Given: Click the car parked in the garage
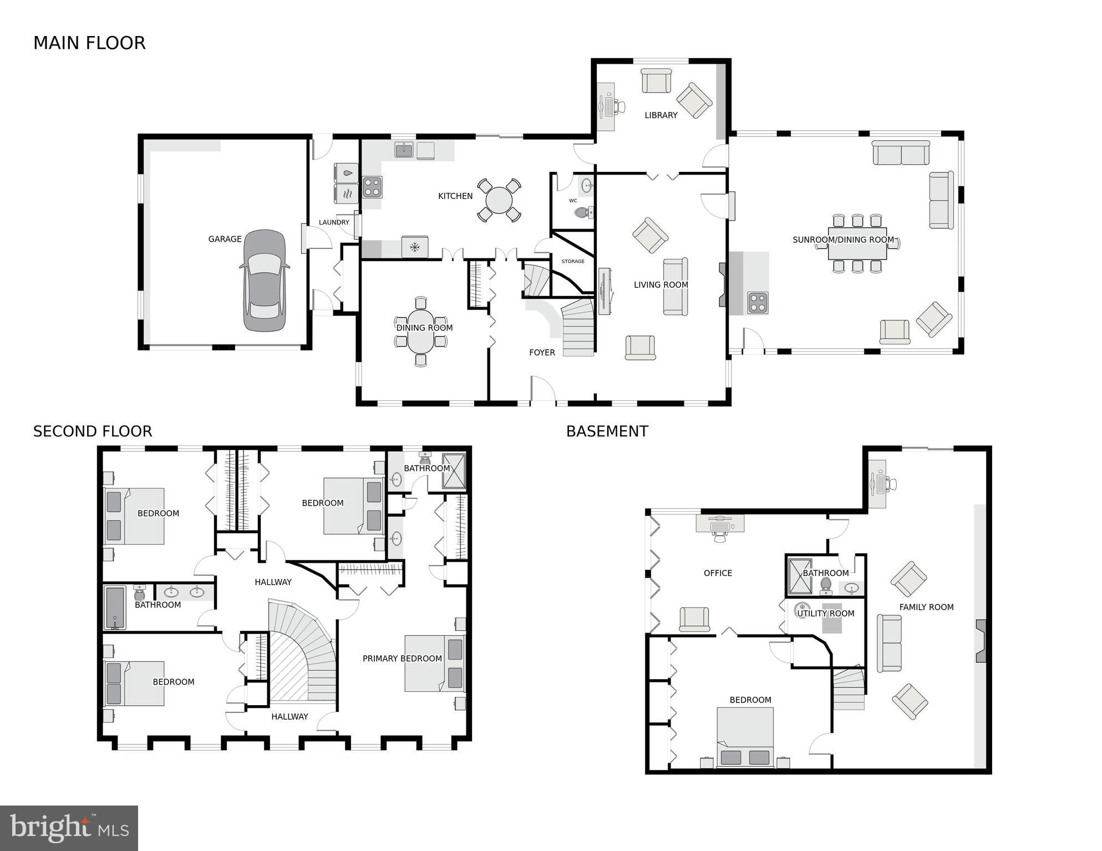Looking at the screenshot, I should (265, 281).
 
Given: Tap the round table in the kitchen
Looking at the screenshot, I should (499, 200).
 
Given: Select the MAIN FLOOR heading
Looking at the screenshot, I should (89, 43).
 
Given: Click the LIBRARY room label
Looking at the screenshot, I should (661, 115).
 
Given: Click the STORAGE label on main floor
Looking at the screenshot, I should (572, 261).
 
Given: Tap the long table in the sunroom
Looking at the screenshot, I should (857, 243).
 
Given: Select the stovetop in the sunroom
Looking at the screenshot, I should (758, 303).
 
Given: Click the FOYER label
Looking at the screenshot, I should (542, 353).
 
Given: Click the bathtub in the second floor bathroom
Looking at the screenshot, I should (115, 608).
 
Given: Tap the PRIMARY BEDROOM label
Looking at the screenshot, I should (402, 659).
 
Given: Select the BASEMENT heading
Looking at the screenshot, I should (607, 431).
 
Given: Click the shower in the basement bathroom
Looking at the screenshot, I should (799, 577).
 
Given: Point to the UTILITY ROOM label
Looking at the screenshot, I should (825, 613).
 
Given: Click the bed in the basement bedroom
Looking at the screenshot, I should (745, 737).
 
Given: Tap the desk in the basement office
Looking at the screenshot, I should (720, 523).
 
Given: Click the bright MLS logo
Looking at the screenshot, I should (69, 828).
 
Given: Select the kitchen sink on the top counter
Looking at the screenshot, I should (404, 150).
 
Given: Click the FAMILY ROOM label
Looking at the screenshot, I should (926, 607).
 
